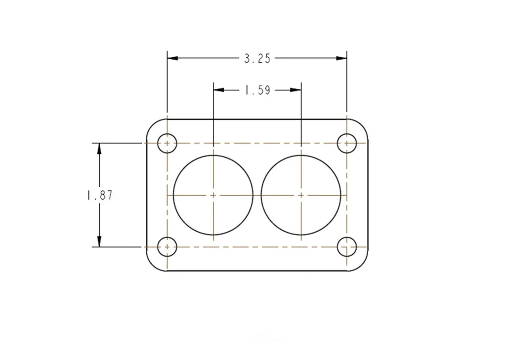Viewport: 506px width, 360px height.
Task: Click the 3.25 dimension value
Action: pos(257,59)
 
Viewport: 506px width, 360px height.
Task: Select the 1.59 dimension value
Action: pos(257,90)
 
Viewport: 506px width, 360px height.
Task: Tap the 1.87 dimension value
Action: pos(100,195)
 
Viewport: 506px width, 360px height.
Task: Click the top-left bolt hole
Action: pos(167,143)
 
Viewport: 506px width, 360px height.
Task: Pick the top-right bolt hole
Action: pos(346,143)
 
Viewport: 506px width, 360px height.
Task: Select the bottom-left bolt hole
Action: pos(167,247)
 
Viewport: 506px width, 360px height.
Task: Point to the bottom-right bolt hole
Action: pos(346,247)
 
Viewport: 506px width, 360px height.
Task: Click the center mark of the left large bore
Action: pos(213,195)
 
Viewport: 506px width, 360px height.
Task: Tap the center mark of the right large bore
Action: pos(301,195)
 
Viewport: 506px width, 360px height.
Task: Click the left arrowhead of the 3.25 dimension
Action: pos(172,58)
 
